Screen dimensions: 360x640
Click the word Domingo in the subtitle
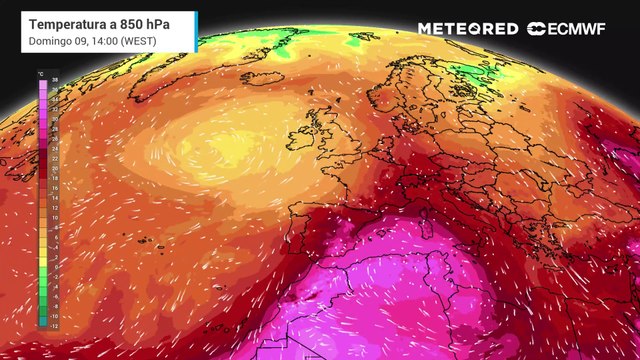point(49,39)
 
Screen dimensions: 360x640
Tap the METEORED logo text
point(467,29)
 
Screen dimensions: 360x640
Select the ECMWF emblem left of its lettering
point(535,29)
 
